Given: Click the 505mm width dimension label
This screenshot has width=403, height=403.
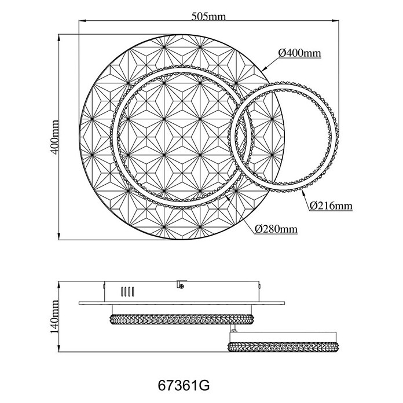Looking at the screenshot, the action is [x=208, y=16].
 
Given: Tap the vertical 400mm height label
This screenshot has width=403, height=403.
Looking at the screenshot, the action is [x=54, y=137].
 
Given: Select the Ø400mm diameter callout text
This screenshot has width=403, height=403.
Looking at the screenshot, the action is [x=300, y=53].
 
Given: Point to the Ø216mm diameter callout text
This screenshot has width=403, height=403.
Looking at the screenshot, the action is [x=331, y=206].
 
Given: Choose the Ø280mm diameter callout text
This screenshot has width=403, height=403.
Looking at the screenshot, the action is [x=276, y=229].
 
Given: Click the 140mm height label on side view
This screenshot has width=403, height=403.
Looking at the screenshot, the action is [x=54, y=317].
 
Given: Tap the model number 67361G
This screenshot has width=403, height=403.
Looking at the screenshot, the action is [x=184, y=385].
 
